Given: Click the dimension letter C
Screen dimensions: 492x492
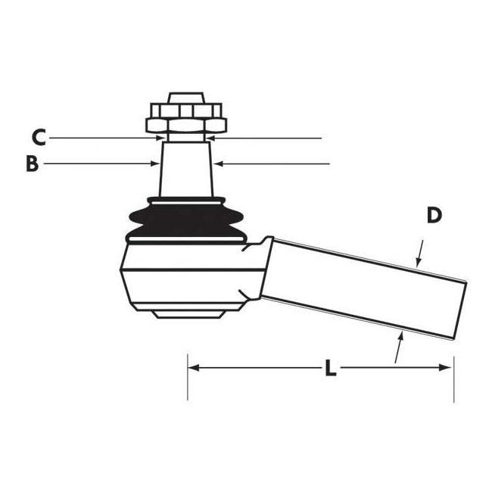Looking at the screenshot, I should [39, 137].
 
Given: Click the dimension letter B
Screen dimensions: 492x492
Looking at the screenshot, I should [31, 163].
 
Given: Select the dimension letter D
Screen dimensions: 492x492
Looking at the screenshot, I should [433, 215].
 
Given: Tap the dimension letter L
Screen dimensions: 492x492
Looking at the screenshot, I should [330, 369].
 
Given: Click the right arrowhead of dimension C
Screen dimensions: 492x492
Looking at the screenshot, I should [212, 138].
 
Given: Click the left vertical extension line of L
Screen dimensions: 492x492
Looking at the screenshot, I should [187, 378].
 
